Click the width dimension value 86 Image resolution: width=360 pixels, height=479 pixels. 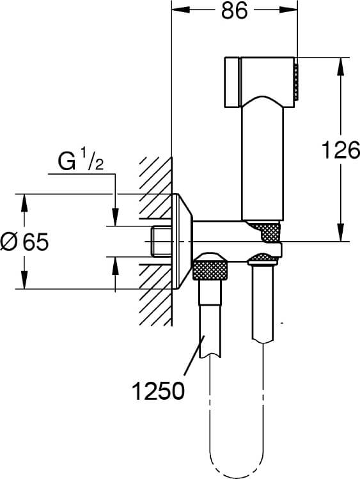pos(235,12)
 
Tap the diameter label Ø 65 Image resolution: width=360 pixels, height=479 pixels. pos(25,242)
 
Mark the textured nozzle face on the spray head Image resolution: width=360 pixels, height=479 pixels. pos(296,81)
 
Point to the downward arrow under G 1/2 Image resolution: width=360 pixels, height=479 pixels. pos(115,217)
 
